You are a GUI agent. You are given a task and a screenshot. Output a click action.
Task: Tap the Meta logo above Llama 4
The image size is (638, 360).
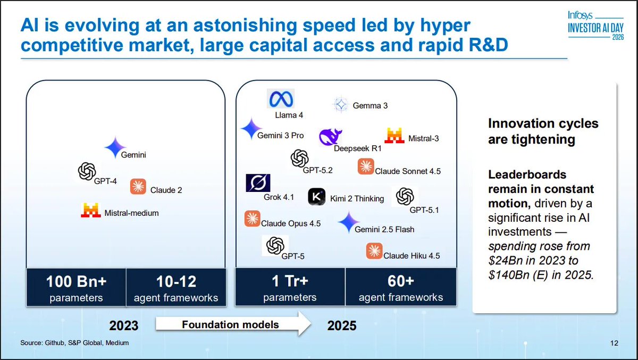280,99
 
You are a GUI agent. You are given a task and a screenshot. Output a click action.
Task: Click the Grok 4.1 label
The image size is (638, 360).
279,197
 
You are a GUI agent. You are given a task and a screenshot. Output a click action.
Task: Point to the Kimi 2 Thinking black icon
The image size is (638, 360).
317,197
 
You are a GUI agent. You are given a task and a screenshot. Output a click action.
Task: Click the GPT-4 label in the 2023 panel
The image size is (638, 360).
105,181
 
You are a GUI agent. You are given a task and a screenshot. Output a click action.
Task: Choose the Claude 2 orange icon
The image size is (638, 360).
138,187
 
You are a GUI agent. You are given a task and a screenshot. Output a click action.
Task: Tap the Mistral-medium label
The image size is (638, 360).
131,213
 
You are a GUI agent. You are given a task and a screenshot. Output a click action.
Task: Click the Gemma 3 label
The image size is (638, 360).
370,106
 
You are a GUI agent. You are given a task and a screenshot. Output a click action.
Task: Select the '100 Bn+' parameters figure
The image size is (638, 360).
76,281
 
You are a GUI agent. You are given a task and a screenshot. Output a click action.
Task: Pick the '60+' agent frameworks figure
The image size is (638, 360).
400,281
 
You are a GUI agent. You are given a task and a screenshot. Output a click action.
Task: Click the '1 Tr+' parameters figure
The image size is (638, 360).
290,281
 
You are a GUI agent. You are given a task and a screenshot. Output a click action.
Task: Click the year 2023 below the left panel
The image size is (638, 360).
124,325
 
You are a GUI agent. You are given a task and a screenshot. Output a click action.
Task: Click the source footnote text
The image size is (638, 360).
74,343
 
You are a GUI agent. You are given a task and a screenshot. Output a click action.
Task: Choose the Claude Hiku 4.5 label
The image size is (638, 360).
412,256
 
